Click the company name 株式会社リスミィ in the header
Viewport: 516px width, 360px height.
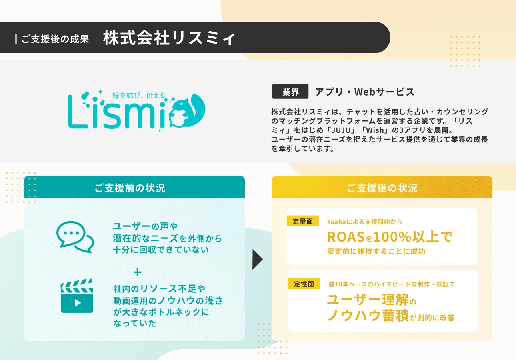[169, 38]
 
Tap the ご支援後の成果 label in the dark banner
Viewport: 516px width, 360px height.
[55, 39]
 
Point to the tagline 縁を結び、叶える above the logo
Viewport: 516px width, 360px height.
[139, 95]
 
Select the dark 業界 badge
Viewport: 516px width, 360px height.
[290, 92]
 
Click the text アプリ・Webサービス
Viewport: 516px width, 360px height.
[365, 92]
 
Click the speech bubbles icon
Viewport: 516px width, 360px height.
[75, 237]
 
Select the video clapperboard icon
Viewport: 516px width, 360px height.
[77, 296]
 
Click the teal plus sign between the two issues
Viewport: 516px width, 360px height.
[138, 273]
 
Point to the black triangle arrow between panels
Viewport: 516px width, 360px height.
[258, 259]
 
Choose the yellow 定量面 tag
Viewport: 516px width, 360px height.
[303, 221]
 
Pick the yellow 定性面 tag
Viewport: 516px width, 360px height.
[304, 284]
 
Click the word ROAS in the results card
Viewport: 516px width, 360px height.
[346, 237]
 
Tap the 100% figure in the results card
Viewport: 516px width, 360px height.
[392, 237]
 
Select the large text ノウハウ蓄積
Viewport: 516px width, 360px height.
[368, 315]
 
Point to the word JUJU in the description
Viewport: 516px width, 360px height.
[341, 130]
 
